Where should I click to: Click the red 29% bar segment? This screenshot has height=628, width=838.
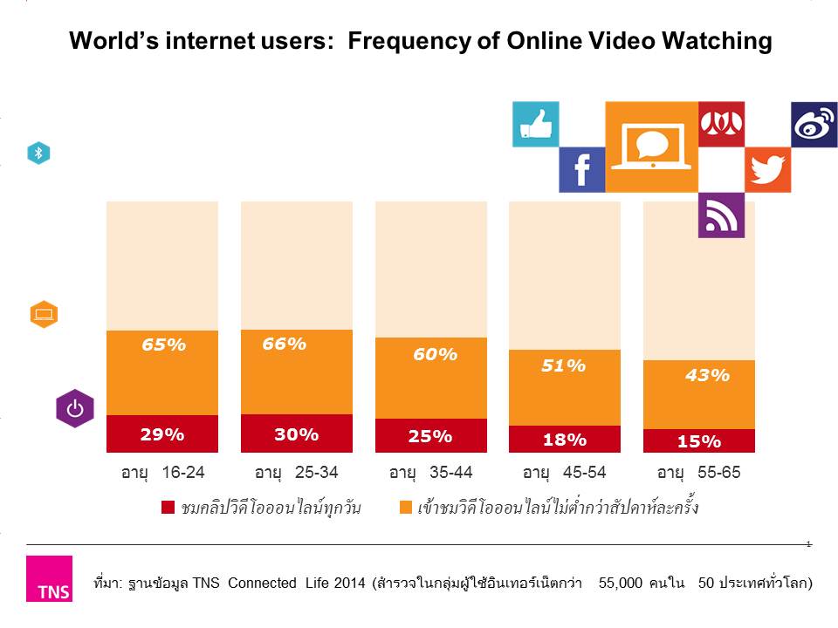coord(162,433)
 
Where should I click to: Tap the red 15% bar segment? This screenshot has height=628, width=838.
coord(698,441)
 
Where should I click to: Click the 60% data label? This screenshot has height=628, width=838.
coord(435,354)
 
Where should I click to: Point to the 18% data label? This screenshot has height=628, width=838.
coord(564,440)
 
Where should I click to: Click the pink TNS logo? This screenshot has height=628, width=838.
coord(49,579)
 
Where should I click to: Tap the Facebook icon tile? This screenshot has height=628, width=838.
coord(581,169)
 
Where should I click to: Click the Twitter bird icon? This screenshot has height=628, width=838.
coord(767,169)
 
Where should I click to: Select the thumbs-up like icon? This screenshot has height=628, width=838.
coord(535,124)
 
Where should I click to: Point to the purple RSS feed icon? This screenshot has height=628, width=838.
coord(721,215)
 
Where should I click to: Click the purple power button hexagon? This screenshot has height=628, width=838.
coord(75,408)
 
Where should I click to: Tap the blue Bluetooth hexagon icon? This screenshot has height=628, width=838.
coord(38,154)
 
